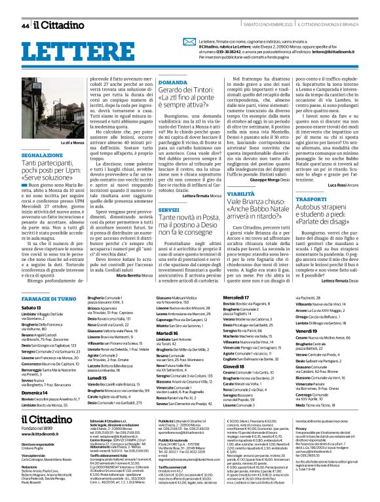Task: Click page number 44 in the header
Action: pos(25,26)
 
